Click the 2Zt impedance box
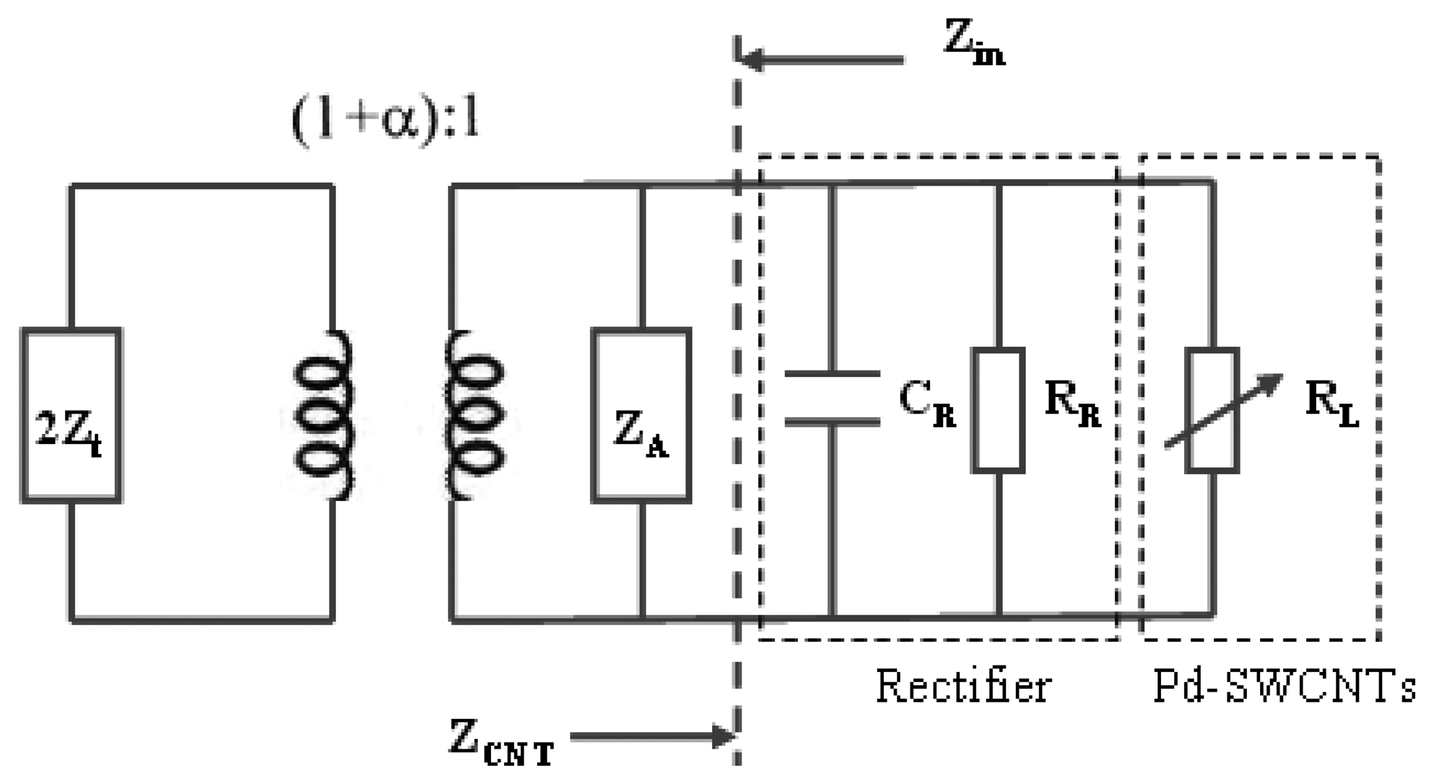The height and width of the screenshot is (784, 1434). tap(71, 415)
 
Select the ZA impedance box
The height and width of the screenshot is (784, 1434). tap(641, 415)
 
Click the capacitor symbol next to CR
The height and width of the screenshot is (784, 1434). tap(832, 397)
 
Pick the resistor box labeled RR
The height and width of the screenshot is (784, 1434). tap(998, 410)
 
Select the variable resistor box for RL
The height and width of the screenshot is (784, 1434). tap(1212, 410)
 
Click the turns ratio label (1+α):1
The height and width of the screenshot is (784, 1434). tap(385, 119)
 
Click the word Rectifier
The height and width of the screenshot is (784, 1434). tap(962, 686)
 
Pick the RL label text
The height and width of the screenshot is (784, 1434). tap(1331, 403)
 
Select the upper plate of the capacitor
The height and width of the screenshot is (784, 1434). tap(832, 374)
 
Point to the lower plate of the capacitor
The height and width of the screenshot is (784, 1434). tap(832, 421)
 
